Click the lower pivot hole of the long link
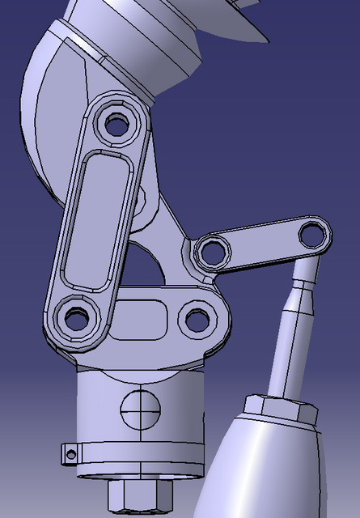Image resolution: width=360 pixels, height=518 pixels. (78, 317)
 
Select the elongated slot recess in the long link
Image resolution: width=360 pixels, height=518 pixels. (96, 218)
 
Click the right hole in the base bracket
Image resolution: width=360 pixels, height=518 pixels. (197, 319)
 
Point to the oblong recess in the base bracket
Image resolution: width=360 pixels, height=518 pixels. (144, 321)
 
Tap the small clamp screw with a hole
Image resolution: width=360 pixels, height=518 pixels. (71, 454)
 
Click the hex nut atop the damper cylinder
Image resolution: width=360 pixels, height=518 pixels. (279, 409)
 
